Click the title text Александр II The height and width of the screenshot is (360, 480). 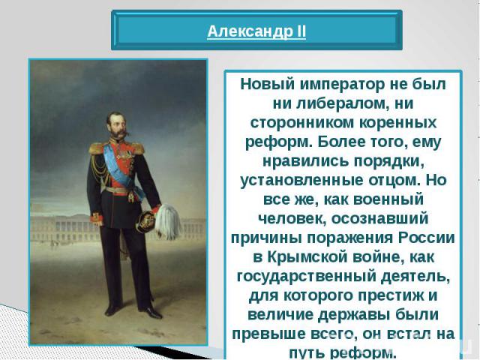(x=256, y=31)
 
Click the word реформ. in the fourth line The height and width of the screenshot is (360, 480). (x=279, y=142)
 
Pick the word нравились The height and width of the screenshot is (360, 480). (x=305, y=161)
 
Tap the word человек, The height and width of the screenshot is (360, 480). (x=292, y=218)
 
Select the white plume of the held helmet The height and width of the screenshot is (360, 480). (x=168, y=221)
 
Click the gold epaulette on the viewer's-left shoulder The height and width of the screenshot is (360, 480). (x=97, y=147)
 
